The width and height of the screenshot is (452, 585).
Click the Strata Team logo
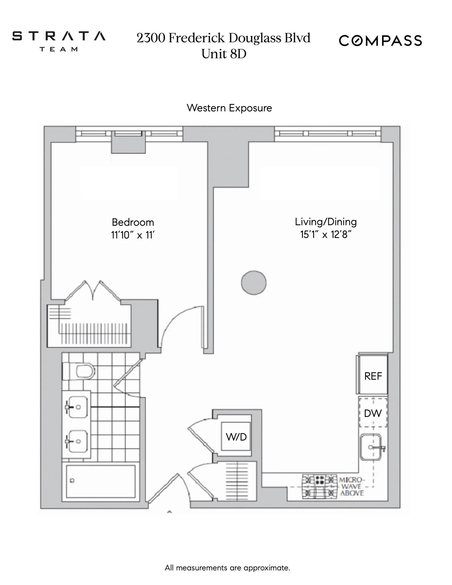(59, 41)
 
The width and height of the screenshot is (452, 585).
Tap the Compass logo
(380, 41)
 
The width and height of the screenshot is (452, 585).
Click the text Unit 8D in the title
(224, 54)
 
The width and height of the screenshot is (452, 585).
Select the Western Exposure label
(229, 108)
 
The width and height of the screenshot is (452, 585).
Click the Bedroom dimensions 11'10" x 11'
(133, 235)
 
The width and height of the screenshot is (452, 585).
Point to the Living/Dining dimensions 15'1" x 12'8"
(326, 235)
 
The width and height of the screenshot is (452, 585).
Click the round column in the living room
(254, 283)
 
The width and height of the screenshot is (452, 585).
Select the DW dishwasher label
(373, 413)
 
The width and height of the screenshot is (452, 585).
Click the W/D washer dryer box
(236, 437)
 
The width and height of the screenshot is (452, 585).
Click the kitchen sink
(371, 447)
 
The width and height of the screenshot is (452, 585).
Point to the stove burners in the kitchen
(319, 487)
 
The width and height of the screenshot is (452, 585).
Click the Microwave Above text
(351, 486)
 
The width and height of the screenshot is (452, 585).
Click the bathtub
(101, 481)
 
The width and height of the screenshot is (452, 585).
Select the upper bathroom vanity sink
(77, 407)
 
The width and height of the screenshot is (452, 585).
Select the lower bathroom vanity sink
(77, 441)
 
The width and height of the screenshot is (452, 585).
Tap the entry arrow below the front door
(169, 512)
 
